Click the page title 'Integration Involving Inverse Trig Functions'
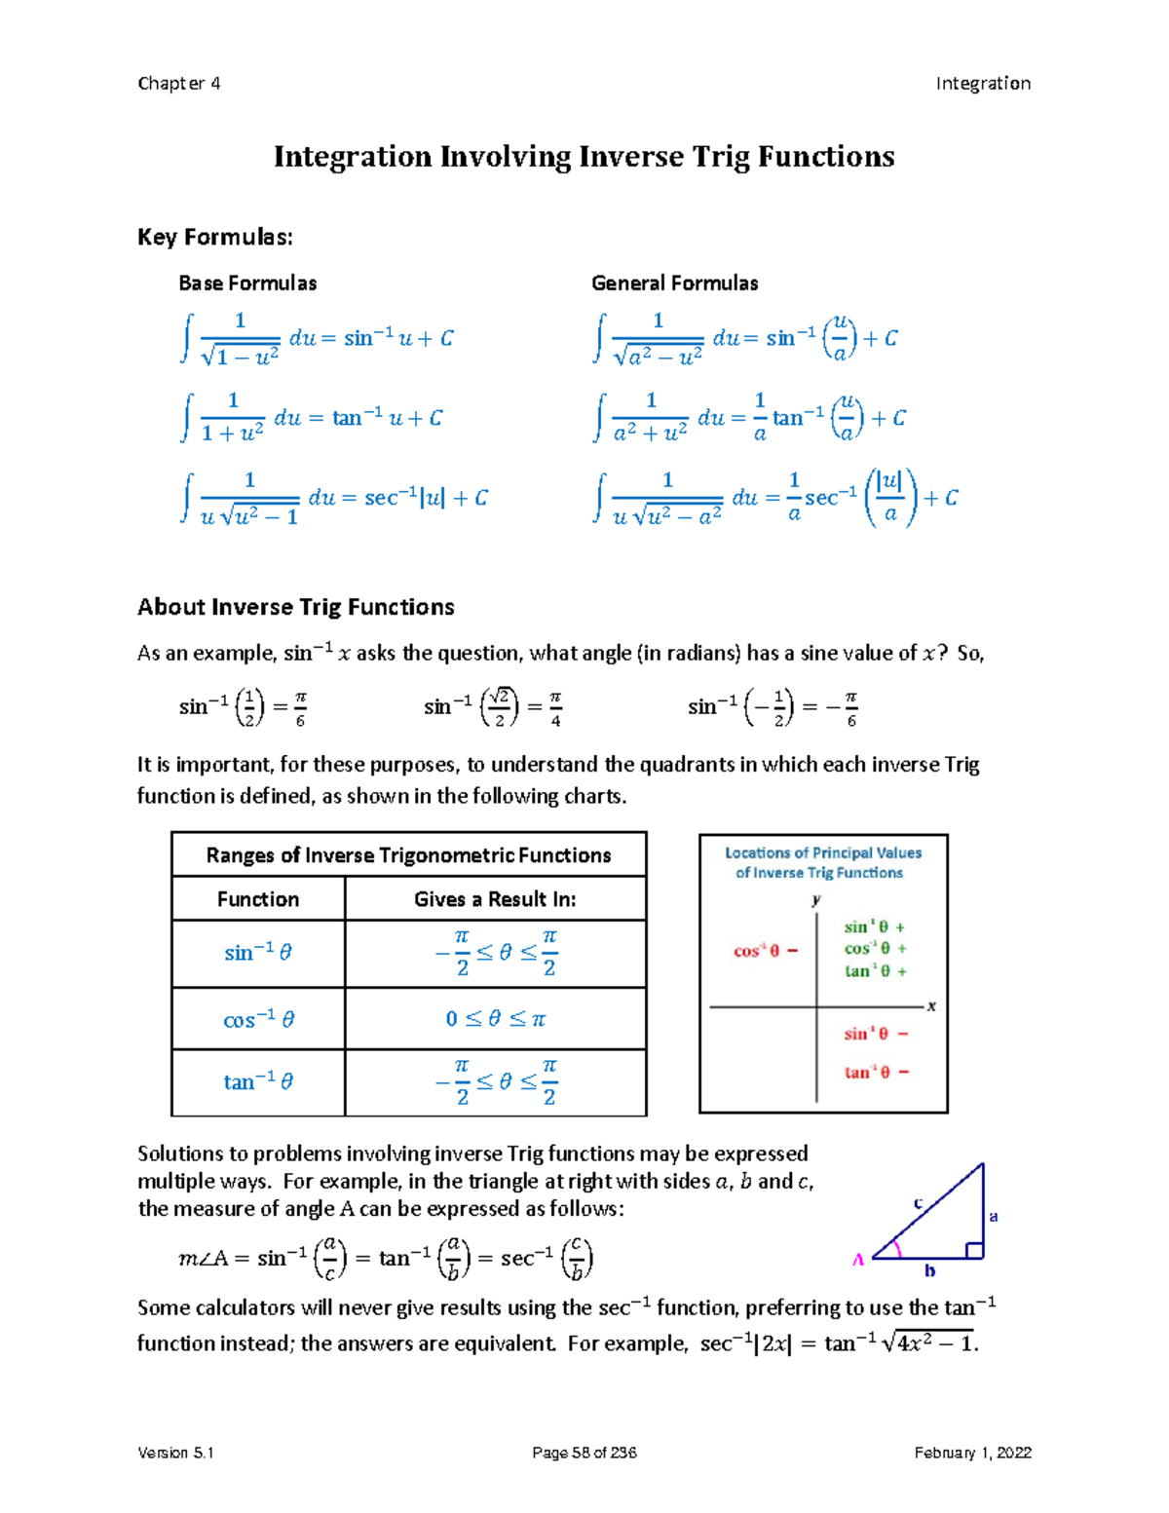584,157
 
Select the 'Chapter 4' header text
179,84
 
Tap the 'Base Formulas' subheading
247,284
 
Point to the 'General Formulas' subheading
674,284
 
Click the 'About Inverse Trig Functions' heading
296,607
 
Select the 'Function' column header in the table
258,899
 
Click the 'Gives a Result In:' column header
495,899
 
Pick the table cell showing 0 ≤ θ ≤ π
495,1019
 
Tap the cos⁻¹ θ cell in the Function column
258,1020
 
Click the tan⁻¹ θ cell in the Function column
258,1081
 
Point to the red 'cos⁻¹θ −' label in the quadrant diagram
766,951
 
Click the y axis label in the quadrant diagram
816,900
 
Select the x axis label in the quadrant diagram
931,1006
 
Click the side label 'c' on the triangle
918,1204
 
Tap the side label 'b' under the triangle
929,1270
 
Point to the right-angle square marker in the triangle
973,1250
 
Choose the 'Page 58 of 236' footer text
584,1453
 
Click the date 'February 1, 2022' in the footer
972,1453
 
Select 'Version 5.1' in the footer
176,1453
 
